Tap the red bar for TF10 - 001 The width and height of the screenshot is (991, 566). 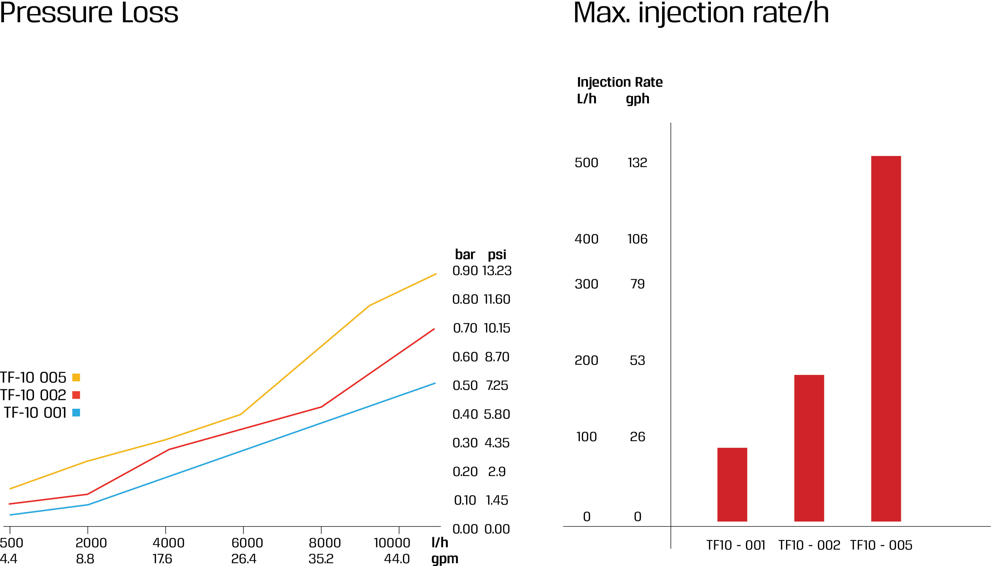pyautogui.click(x=732, y=484)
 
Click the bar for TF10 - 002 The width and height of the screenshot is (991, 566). pyautogui.click(x=809, y=448)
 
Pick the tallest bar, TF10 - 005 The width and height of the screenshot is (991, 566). pyautogui.click(x=886, y=338)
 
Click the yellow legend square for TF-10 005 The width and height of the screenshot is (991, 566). pyautogui.click(x=76, y=377)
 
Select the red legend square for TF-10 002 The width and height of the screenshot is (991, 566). pyautogui.click(x=76, y=395)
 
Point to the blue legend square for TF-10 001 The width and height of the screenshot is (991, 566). pyautogui.click(x=76, y=413)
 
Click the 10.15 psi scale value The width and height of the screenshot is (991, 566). pyautogui.click(x=497, y=328)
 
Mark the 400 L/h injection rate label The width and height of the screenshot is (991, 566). pyautogui.click(x=587, y=239)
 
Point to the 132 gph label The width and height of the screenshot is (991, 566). pyautogui.click(x=637, y=163)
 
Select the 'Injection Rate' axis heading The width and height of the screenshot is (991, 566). pyautogui.click(x=620, y=82)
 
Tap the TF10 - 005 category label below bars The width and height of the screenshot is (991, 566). pyautogui.click(x=881, y=545)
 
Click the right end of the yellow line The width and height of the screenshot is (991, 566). pyautogui.click(x=436, y=274)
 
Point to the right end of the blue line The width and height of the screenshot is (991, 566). pyautogui.click(x=434, y=383)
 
